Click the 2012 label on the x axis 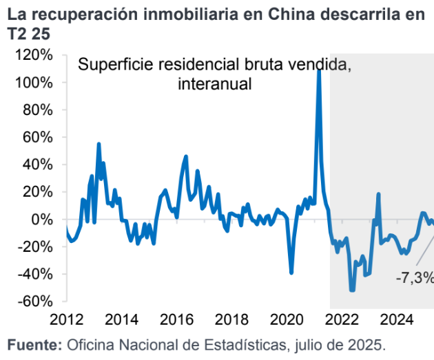click(x=67, y=319)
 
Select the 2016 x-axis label click(x=178, y=319)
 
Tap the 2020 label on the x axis click(x=289, y=319)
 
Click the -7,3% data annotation click(x=414, y=279)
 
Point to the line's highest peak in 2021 click(x=319, y=71)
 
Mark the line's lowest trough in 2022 click(x=353, y=290)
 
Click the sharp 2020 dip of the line click(x=291, y=273)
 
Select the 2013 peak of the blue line click(x=99, y=144)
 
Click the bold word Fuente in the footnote click(x=34, y=344)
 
